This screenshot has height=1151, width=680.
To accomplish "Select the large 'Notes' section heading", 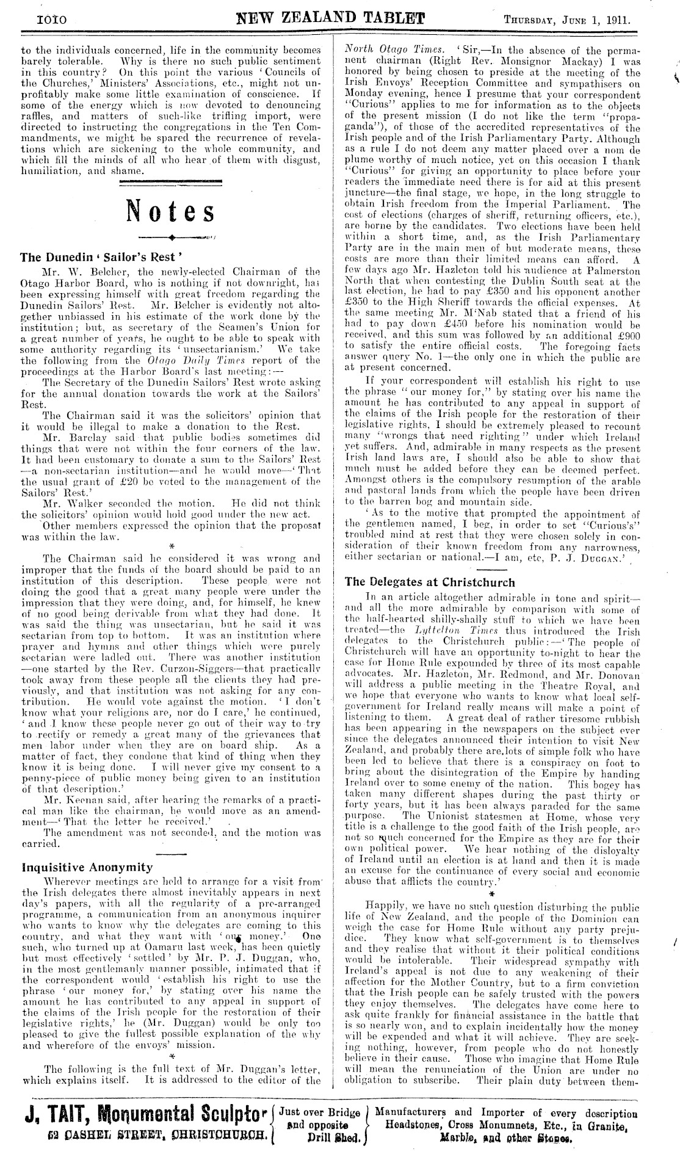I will [x=170, y=211].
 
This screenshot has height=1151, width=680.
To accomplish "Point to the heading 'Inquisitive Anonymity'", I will [x=87, y=866].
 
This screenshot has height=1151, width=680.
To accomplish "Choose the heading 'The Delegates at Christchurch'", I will [x=430, y=581].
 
